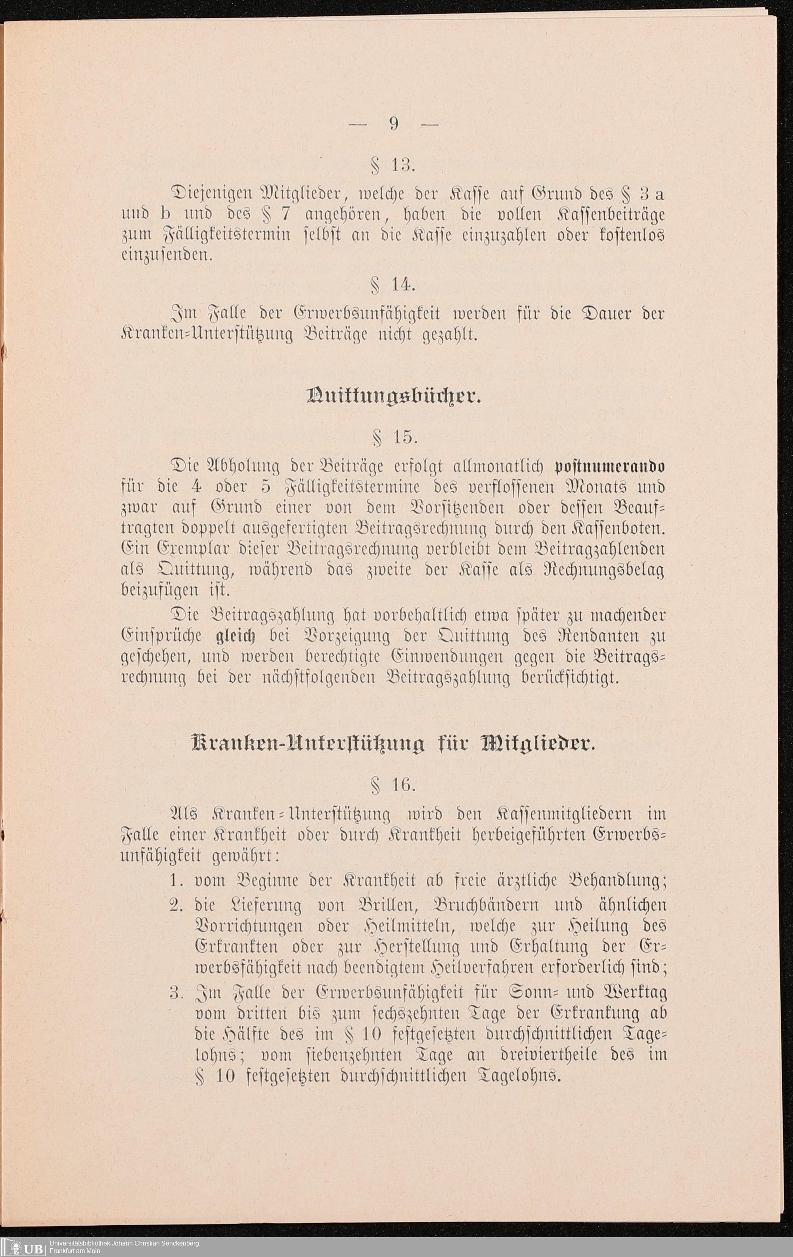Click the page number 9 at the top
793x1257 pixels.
393,123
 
